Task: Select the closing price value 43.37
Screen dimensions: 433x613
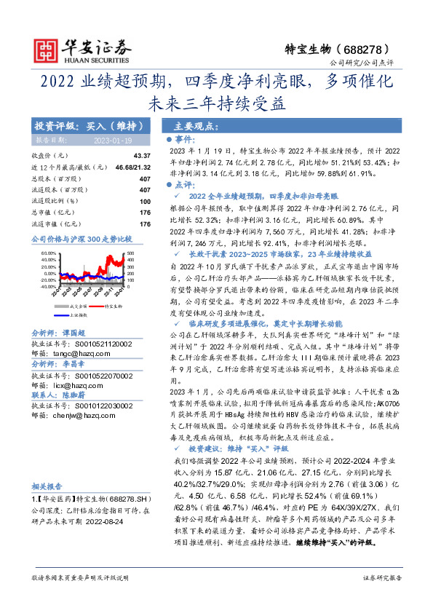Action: [x=141, y=156]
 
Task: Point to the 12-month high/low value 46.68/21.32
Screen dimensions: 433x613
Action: [x=132, y=167]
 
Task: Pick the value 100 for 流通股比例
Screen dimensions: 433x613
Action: [x=145, y=201]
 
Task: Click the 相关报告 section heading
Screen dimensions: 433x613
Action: [x=48, y=486]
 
